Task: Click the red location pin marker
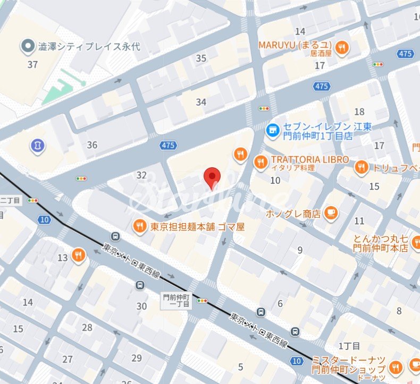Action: point(213,177)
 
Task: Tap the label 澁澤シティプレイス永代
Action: point(89,46)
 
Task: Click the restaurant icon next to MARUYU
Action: point(342,47)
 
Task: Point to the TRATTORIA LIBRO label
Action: point(310,160)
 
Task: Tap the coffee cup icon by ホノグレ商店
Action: point(331,212)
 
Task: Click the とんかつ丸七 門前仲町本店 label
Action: point(381,243)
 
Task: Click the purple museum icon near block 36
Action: point(38,144)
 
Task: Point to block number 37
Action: point(32,64)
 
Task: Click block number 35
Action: point(201,58)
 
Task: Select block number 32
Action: point(141,175)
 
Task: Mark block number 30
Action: point(141,306)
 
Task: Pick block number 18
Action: point(360,112)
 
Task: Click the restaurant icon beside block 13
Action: point(79,255)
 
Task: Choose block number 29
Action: point(137,358)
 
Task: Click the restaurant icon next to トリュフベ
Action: point(362,168)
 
